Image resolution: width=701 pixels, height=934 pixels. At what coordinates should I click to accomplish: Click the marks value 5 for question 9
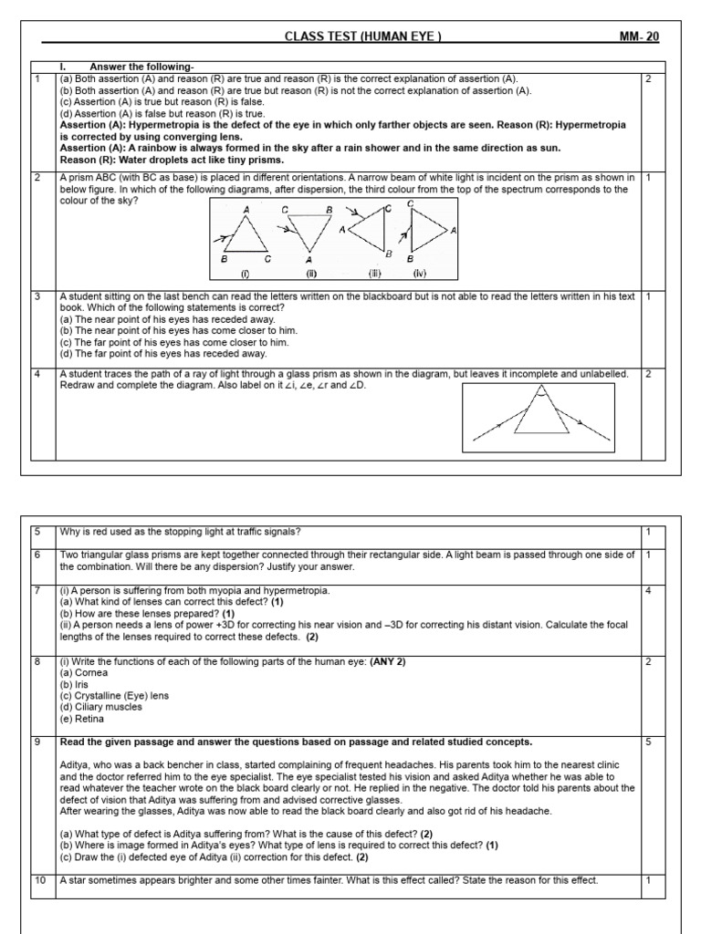pyautogui.click(x=648, y=742)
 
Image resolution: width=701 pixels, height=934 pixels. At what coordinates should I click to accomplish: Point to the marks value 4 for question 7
pyautogui.click(x=648, y=590)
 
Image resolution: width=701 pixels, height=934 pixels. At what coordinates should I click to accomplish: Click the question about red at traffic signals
pyautogui.click(x=180, y=532)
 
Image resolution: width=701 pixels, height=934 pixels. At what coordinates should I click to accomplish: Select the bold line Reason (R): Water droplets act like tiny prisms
pyautogui.click(x=172, y=159)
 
